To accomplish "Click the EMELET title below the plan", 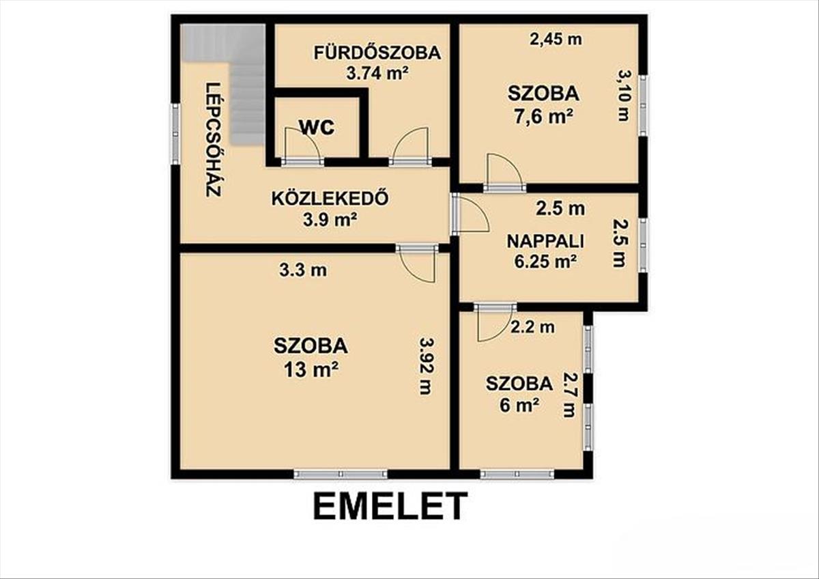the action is point(390,506).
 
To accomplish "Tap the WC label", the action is point(317,127).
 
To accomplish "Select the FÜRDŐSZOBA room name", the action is point(377,53).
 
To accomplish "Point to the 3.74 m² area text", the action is point(377,74).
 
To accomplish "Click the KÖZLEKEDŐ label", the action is point(330,199).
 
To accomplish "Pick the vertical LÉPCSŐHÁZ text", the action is point(214,140).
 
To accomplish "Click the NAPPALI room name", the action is point(545,241).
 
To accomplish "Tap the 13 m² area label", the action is point(311,370).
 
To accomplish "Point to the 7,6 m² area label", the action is point(543,117).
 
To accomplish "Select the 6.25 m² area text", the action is point(545,262).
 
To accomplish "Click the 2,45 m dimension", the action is point(556,39).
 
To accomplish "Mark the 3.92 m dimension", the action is point(426,366).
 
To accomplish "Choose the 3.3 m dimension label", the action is point(303,270).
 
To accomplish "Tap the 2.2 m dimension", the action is point(532,327).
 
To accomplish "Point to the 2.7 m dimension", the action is point(569,395).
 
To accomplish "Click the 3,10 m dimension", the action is point(624,96).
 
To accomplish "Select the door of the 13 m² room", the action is point(418,264).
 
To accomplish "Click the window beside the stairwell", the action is point(176,134).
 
